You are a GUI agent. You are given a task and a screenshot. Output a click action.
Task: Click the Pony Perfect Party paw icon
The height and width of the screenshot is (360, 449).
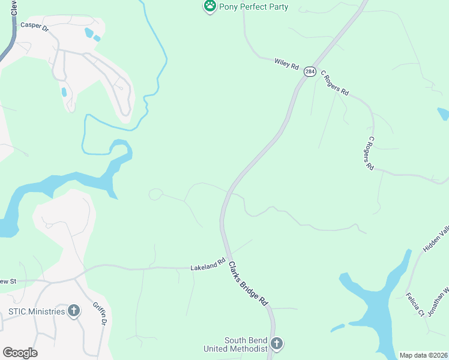click(x=209, y=7)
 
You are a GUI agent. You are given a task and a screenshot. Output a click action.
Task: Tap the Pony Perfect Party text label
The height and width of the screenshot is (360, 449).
click(x=253, y=7)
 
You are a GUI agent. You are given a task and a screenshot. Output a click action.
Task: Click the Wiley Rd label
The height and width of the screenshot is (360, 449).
click(x=286, y=63)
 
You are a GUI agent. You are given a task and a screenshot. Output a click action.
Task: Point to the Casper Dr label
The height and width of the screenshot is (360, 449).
click(x=34, y=26)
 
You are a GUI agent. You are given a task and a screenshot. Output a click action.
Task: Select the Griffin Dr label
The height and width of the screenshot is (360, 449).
click(x=100, y=314)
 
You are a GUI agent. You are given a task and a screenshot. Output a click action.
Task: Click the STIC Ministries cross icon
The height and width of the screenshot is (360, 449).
click(x=74, y=311)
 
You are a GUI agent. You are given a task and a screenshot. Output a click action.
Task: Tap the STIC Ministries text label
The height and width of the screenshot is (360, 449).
click(x=36, y=311)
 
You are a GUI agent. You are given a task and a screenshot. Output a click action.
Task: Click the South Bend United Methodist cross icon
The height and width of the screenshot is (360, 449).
click(x=276, y=344)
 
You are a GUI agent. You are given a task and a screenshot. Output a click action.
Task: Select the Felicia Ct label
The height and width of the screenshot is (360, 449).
click(x=415, y=304)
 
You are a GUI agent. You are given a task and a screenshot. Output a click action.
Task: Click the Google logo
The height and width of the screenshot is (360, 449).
click(x=20, y=353)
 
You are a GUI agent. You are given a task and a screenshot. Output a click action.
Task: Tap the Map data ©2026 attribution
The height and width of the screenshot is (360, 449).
click(x=423, y=355)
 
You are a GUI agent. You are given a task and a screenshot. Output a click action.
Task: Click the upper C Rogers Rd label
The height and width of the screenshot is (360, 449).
click(x=334, y=83)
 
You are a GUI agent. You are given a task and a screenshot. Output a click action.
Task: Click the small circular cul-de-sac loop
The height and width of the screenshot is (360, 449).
click(x=155, y=194)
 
